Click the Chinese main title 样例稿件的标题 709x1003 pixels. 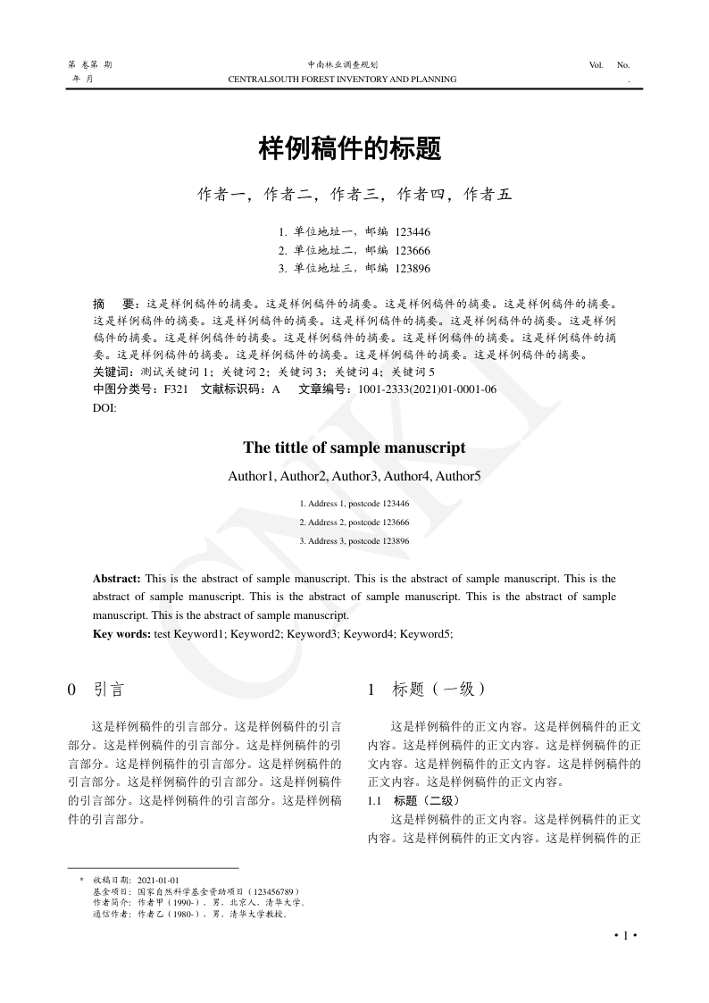click(x=350, y=148)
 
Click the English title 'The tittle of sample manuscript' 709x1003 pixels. click(x=354, y=447)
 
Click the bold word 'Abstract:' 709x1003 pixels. click(x=117, y=579)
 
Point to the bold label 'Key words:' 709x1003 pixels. click(x=121, y=634)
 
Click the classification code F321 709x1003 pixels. click(x=176, y=389)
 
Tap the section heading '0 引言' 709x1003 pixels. click(x=96, y=689)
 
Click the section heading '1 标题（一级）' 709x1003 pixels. click(x=427, y=689)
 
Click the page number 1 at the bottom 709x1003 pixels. click(x=625, y=935)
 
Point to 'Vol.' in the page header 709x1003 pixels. click(x=596, y=65)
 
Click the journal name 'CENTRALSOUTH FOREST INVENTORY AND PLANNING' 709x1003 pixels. click(x=343, y=79)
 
